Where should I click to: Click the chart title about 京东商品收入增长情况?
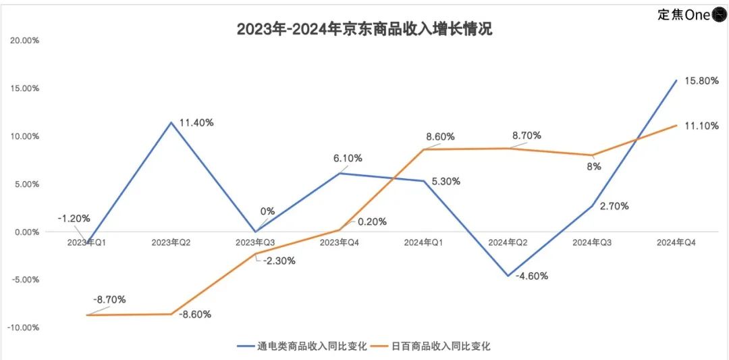coord(364,29)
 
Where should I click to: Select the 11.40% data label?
coord(196,123)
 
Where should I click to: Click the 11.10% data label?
coord(701,126)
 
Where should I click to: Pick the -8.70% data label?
coord(109,299)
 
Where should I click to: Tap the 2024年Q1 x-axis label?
coord(423,242)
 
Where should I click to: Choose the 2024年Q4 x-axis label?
coord(676,242)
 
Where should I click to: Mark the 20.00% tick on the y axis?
coord(24,41)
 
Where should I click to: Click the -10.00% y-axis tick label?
coord(23,328)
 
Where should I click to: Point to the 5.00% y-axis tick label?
coord(24,184)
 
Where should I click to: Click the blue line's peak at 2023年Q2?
coord(171,122)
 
